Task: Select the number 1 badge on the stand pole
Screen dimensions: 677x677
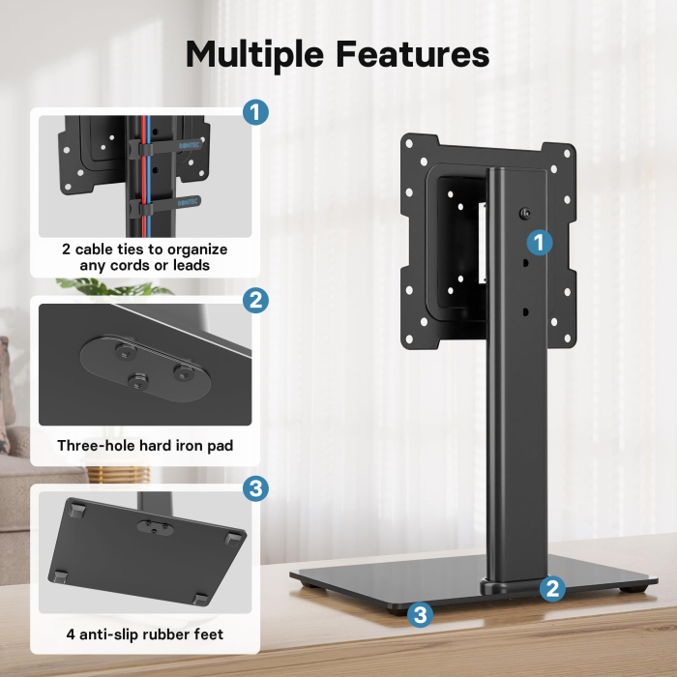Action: pos(540,241)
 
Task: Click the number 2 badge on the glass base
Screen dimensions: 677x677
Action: pos(552,588)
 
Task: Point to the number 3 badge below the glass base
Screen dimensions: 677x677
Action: pos(419,613)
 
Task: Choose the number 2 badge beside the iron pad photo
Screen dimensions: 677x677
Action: pos(254,301)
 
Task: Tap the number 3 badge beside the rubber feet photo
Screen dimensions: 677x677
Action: pos(254,488)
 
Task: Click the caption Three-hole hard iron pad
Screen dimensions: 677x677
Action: pos(145,446)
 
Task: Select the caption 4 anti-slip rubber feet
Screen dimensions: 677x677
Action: pos(145,634)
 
